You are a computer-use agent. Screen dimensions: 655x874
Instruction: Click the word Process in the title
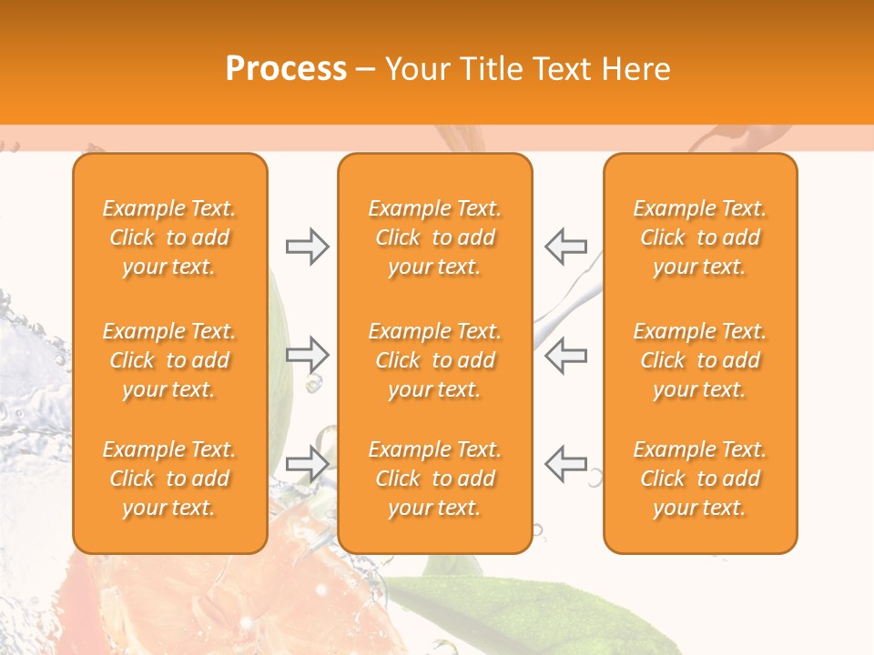286,69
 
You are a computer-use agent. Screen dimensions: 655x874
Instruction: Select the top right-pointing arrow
307,246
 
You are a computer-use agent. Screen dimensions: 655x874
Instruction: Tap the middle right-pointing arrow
307,354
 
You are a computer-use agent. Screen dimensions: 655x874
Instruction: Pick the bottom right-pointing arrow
307,463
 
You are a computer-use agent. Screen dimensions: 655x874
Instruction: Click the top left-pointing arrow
566,246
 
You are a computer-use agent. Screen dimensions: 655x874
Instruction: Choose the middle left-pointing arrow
566,354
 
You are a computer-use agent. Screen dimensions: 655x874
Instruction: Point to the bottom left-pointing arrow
566,463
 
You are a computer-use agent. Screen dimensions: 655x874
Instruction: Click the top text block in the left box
169,237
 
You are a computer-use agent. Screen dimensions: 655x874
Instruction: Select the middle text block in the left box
169,360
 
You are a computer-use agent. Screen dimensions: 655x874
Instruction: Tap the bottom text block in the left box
169,479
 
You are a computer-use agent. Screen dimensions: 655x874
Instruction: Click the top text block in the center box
435,237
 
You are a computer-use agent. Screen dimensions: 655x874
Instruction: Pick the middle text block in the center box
435,360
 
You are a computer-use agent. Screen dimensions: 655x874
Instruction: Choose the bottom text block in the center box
435,479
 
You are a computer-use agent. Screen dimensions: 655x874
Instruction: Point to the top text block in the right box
700,237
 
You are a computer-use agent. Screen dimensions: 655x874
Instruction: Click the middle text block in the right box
700,360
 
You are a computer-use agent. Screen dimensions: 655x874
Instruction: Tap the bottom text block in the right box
700,479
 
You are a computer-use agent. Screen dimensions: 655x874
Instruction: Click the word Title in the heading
490,69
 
